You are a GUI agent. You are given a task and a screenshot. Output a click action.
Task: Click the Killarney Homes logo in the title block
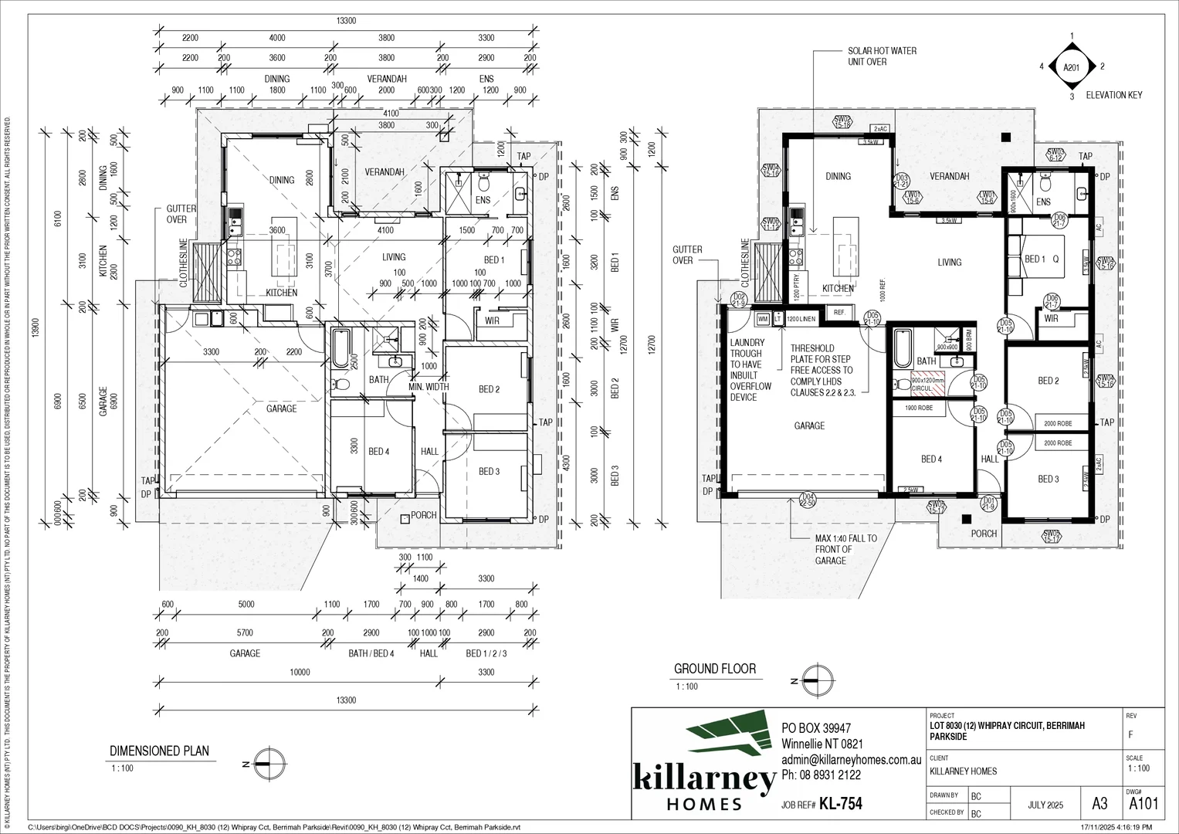pos(703,764)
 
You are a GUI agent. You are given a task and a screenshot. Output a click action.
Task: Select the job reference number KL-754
pos(840,805)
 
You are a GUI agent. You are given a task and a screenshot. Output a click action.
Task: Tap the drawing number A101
pos(1143,804)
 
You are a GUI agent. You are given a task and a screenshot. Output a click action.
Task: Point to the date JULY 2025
pos(1045,805)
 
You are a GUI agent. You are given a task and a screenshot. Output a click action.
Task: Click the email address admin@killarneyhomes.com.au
pos(852,760)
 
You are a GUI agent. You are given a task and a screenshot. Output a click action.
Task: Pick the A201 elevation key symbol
pos(1071,67)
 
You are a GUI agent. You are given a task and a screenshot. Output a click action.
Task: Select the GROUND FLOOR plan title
pos(714,669)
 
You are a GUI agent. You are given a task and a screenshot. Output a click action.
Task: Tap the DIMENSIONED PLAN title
pos(159,751)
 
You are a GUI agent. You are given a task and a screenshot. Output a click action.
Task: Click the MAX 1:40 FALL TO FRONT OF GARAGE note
pos(845,549)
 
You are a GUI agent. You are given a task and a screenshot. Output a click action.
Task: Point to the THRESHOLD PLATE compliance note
pos(822,371)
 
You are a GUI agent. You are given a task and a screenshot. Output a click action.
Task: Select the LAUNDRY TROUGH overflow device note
pos(747,370)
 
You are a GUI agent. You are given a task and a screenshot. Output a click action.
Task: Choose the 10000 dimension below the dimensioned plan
pos(300,673)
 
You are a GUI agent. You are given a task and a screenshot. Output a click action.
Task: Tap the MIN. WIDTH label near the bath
pos(429,386)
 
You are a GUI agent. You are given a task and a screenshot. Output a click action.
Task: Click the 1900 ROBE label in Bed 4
pos(920,408)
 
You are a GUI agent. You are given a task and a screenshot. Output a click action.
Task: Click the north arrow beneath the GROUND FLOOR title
pos(814,680)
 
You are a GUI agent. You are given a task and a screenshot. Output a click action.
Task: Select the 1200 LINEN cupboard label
pos(802,318)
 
